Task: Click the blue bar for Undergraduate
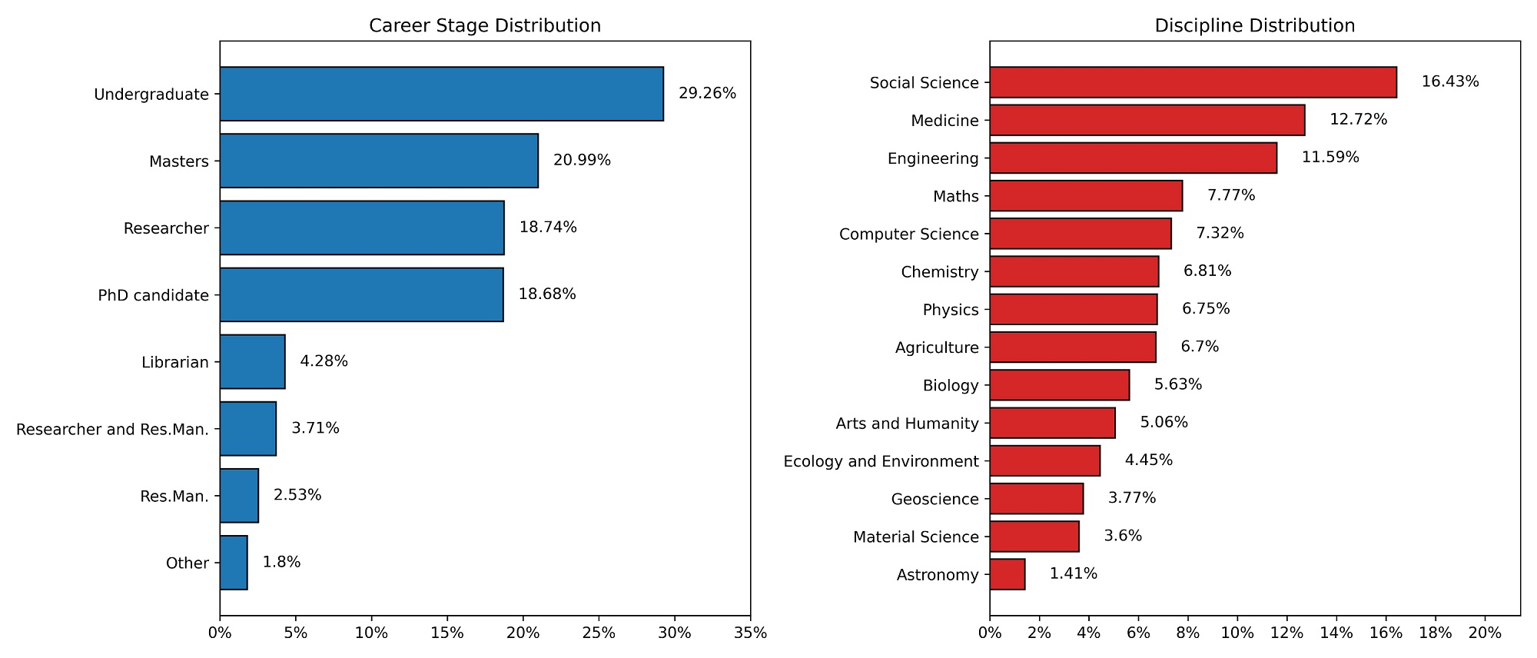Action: point(441,94)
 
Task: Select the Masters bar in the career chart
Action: point(379,161)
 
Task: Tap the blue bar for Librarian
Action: point(252,361)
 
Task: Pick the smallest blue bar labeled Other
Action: point(234,563)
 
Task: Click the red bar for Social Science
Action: point(1193,82)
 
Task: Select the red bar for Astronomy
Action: point(1008,574)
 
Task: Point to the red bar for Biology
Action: point(1059,385)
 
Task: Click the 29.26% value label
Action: point(707,94)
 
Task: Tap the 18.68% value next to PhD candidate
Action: point(547,294)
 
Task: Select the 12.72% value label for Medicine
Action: point(1358,120)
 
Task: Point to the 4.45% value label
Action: point(1148,460)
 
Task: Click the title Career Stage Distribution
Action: point(485,25)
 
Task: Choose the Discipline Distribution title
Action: point(1254,25)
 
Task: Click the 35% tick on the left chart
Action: point(750,633)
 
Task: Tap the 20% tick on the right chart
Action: point(1484,633)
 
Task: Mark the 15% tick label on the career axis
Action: point(447,633)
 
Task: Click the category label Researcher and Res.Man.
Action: point(112,429)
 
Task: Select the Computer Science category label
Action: point(908,234)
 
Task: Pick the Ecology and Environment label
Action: point(881,461)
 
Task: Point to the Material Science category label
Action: point(915,537)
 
